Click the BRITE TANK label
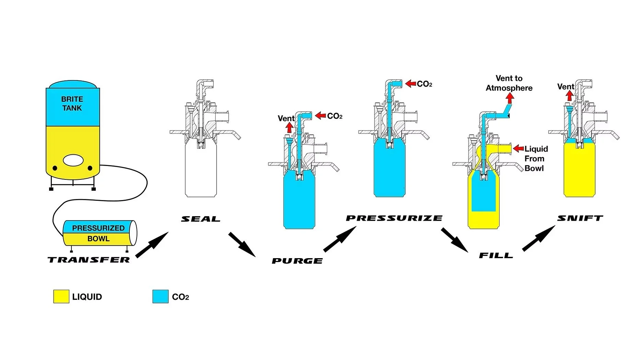click(x=72, y=103)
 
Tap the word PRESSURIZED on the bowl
click(x=98, y=228)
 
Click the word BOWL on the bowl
click(x=98, y=239)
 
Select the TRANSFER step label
click(x=89, y=260)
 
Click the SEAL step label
click(x=200, y=219)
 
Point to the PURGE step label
click(x=297, y=261)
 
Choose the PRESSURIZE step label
click(x=394, y=218)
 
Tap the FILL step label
click(x=496, y=255)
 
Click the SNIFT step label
click(x=580, y=218)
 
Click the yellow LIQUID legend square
click(x=61, y=297)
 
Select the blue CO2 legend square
click(x=160, y=297)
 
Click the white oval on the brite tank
click(x=73, y=160)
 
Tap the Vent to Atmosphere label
click(x=509, y=83)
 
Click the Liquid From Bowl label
click(x=536, y=158)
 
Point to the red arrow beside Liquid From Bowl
click(x=518, y=148)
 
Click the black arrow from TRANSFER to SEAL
click(x=152, y=244)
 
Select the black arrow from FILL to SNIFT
click(x=538, y=238)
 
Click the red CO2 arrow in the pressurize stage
click(x=411, y=84)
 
